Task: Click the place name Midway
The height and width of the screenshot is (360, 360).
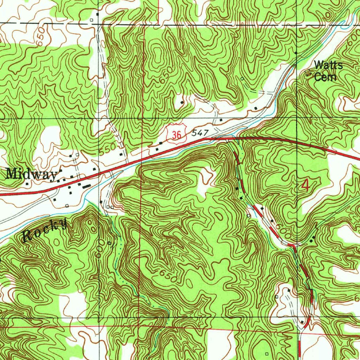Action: click(32, 174)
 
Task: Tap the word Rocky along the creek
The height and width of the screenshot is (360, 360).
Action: click(44, 231)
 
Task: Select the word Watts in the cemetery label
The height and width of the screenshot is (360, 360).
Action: click(328, 65)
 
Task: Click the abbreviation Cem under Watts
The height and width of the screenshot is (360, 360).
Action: click(325, 77)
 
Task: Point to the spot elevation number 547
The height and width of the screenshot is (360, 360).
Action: click(200, 133)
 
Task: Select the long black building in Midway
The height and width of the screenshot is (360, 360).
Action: click(86, 186)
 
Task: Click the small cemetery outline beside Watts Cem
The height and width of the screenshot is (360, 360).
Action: click(309, 73)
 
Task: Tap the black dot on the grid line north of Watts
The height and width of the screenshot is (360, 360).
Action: click(296, 53)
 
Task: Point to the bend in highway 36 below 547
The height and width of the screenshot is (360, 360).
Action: click(206, 139)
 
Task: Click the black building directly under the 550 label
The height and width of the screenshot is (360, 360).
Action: click(121, 154)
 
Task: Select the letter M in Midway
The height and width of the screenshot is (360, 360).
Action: click(11, 173)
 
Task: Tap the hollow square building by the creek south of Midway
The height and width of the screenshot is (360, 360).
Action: click(67, 205)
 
